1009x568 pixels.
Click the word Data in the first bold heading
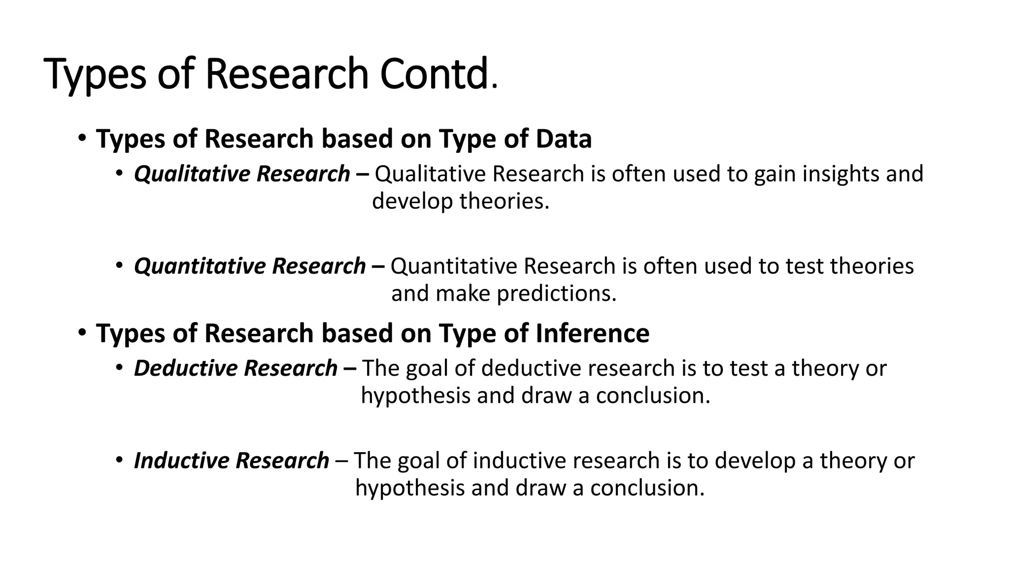564,139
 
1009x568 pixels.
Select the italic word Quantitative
200,266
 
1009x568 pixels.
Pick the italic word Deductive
186,368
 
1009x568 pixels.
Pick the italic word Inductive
181,461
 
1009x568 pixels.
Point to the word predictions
557,294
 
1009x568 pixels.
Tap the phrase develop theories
460,201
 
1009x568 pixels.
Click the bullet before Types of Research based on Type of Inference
82,332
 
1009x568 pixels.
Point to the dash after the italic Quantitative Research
378,267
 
